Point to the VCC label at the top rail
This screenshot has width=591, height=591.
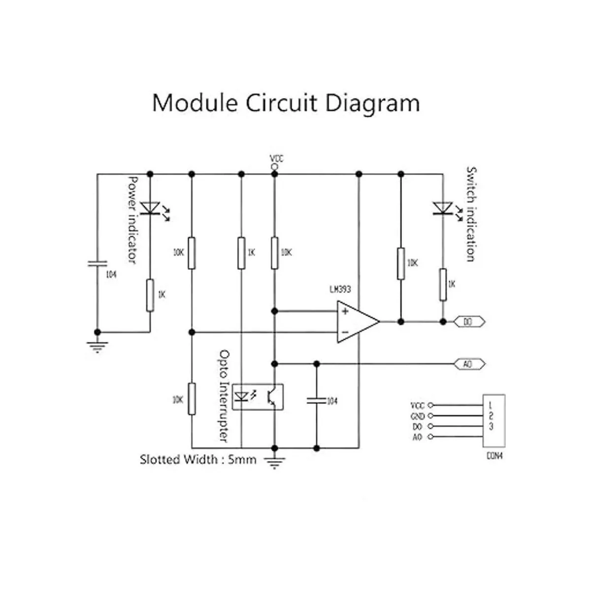click(276, 159)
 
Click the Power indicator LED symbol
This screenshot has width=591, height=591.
click(150, 208)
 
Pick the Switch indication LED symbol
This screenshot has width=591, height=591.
click(443, 208)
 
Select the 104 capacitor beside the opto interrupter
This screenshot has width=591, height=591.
click(316, 400)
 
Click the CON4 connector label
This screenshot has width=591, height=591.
click(494, 457)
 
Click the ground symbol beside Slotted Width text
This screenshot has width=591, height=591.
click(274, 462)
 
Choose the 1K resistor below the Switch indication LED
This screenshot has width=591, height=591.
click(443, 285)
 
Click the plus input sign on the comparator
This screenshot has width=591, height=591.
click(345, 311)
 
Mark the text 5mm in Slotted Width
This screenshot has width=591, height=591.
click(242, 460)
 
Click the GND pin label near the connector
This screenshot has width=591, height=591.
click(417, 416)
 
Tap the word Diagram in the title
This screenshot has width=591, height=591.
click(372, 103)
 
